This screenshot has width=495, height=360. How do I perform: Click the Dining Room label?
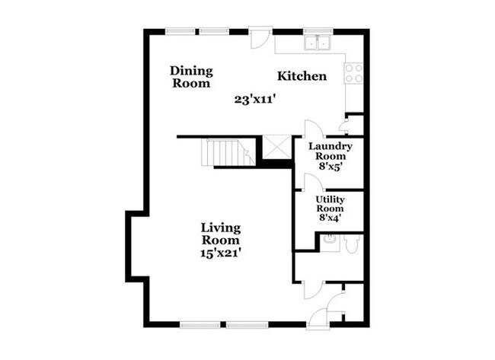pos(191,77)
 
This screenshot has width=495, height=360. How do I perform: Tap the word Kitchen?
pos(302,76)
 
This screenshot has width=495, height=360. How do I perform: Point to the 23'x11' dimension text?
pos(255,98)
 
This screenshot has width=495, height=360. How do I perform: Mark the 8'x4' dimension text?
pos(330,218)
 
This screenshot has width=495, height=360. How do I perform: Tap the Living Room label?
pos(221,234)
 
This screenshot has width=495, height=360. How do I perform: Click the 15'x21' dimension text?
pos(222,252)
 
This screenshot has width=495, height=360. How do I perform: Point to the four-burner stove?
pos(354,72)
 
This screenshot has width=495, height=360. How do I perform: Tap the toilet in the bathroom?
pos(352,244)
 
